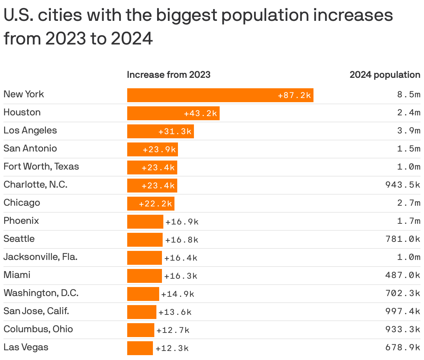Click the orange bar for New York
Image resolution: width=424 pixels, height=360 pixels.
[x=220, y=95]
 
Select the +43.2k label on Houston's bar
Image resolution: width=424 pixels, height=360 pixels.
[x=201, y=114]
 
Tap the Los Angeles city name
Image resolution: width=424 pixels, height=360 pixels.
[x=30, y=131]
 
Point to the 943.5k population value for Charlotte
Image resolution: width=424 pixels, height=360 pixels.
[x=403, y=185]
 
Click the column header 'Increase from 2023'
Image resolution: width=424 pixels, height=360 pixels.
[x=169, y=75]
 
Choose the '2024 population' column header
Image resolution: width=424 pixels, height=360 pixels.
[x=385, y=75]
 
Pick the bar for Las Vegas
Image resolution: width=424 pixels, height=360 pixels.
[x=140, y=348]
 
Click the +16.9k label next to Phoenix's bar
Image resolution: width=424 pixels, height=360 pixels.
[x=182, y=222]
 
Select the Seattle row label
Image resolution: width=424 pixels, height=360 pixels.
[x=19, y=239]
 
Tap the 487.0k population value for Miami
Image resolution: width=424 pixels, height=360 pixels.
[x=403, y=275]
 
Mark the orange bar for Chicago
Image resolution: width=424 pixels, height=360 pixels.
[x=150, y=204]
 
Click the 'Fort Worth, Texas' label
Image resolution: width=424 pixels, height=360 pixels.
[x=41, y=167]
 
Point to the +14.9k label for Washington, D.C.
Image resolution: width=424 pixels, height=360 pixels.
[x=178, y=294]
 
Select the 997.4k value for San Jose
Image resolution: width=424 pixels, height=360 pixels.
[x=403, y=311]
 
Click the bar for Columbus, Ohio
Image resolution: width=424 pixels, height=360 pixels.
[x=140, y=330]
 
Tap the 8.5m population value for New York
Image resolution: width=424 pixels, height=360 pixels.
[x=409, y=95]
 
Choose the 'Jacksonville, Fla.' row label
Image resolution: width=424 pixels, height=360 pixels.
[x=40, y=257]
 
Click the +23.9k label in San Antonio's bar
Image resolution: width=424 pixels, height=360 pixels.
[x=160, y=150]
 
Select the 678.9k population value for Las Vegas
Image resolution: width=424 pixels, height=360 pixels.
[x=403, y=347]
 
